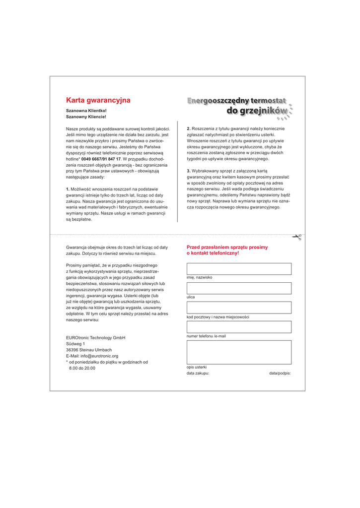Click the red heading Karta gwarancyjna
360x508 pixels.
click(98, 100)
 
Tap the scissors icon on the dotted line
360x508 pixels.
click(296, 237)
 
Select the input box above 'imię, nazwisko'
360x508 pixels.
click(239, 269)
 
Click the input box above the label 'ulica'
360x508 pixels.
click(239, 288)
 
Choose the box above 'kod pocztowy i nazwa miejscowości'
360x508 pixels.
click(239, 308)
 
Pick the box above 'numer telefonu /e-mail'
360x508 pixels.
click(239, 327)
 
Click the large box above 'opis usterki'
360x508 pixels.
click(239, 352)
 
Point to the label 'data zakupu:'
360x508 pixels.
click(198, 373)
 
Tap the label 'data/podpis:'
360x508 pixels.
click(280, 373)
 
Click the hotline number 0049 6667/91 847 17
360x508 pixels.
click(101, 159)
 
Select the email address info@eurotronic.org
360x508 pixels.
click(100, 356)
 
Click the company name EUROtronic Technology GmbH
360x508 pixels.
click(96, 338)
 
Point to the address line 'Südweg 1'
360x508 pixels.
click(75, 344)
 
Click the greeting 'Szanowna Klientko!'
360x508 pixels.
click(86, 111)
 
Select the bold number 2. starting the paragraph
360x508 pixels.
click(189, 128)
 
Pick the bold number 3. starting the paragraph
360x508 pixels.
click(189, 171)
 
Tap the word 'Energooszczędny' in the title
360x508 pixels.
click(217, 101)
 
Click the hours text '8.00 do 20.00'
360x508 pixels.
click(82, 368)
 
